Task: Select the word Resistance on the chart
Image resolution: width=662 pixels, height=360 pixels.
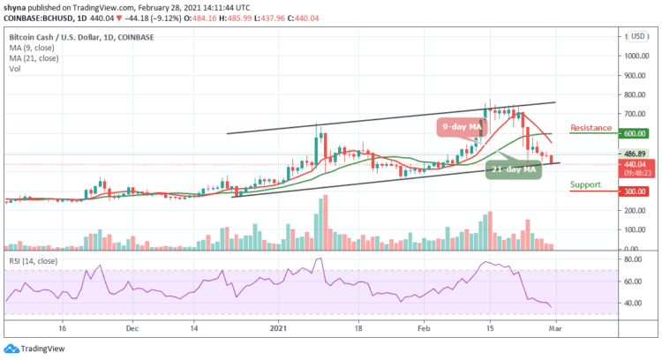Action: pyautogui.click(x=591, y=128)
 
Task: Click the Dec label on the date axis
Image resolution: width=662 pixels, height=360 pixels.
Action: pyautogui.click(x=131, y=326)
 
